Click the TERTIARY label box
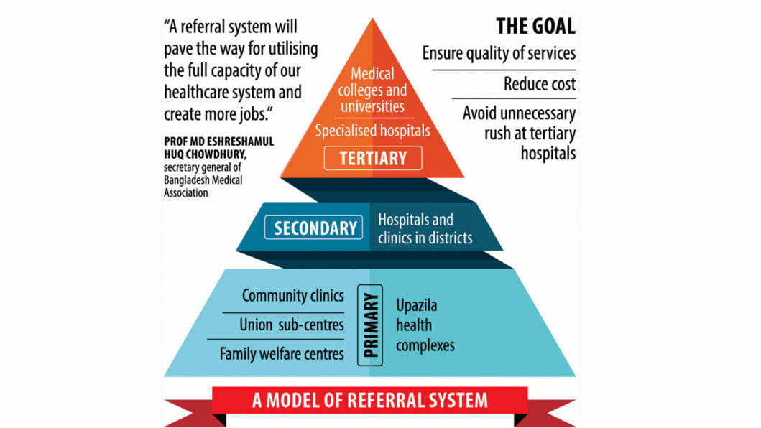tap(372, 157)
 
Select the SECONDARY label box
tap(315, 228)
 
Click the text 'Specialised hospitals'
tap(372, 131)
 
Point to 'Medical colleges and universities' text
tap(372, 90)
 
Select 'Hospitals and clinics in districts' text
tap(425, 228)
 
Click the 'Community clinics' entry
tap(292, 296)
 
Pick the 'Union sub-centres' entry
tap(291, 325)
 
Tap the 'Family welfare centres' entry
tap(282, 353)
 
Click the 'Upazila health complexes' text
tap(425, 325)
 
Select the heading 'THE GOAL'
tap(535, 27)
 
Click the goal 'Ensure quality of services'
tap(499, 54)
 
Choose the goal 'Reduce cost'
tap(540, 84)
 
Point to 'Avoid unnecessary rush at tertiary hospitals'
tap(519, 133)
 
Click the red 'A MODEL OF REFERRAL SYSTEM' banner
tap(369, 400)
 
